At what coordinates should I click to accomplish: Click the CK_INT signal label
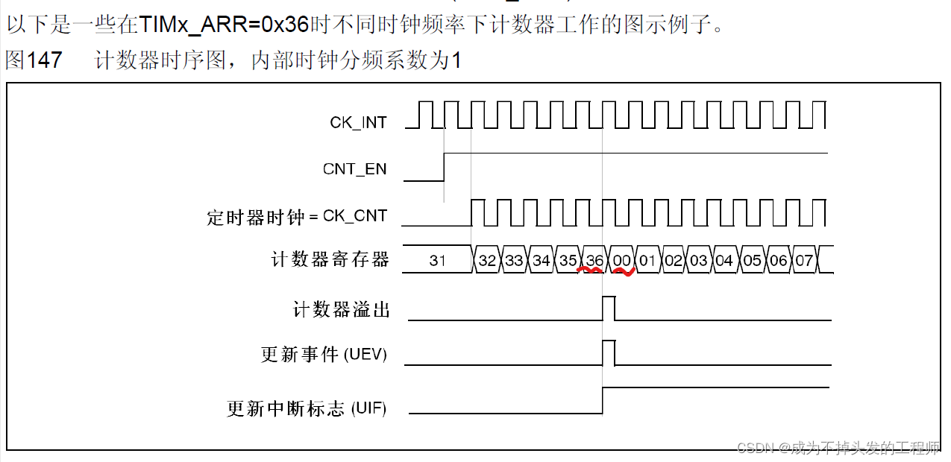(358, 122)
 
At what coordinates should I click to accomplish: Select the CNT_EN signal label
(354, 169)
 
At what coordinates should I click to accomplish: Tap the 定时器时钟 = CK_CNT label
(297, 217)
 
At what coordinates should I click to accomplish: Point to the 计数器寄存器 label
(330, 260)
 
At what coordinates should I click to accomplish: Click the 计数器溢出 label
(341, 309)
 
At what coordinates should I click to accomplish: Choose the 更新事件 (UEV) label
(324, 355)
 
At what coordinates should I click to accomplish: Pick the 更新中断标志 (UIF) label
(307, 408)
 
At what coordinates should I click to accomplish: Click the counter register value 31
(438, 260)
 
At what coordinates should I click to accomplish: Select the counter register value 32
(487, 260)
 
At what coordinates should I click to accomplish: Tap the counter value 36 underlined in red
(594, 260)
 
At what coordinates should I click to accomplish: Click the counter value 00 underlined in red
(621, 260)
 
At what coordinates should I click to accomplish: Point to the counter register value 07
(804, 260)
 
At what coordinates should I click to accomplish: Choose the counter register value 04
(724, 260)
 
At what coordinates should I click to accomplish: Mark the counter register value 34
(541, 260)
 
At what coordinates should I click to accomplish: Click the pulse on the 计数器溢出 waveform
(609, 308)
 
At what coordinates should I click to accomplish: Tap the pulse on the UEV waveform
(609, 352)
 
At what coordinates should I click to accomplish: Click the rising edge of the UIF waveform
(603, 400)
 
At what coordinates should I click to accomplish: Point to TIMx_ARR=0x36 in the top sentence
(224, 24)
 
